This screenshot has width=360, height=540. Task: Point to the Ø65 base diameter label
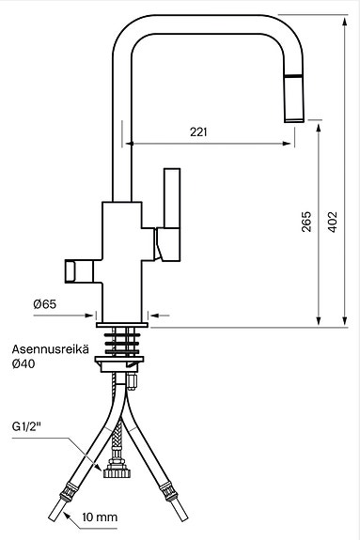(x=44, y=303)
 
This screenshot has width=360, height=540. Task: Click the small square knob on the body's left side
(x=73, y=271)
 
